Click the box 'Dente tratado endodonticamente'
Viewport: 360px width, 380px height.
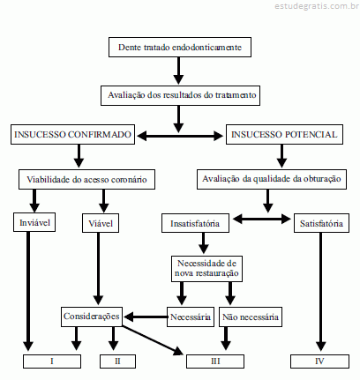click(x=180, y=47)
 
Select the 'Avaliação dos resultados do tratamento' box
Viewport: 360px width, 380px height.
click(x=180, y=95)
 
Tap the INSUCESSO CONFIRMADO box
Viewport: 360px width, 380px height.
click(x=72, y=134)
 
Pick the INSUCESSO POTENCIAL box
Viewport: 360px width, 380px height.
click(x=284, y=134)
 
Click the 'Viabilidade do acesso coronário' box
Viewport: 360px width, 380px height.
click(x=86, y=179)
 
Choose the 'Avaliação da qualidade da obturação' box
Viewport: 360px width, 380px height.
click(x=272, y=179)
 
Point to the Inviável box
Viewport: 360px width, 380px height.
click(x=34, y=222)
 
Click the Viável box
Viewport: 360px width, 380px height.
click(x=101, y=223)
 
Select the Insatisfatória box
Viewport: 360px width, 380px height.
click(x=195, y=223)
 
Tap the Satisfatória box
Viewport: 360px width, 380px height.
click(x=321, y=223)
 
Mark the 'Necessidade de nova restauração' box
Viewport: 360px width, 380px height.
click(x=206, y=269)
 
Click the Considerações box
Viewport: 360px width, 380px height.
click(x=92, y=317)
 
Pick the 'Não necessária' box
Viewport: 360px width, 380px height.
click(x=251, y=317)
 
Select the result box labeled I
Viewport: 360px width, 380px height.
click(x=52, y=361)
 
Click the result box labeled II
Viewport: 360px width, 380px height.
click(x=117, y=361)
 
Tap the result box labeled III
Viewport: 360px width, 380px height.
click(x=215, y=361)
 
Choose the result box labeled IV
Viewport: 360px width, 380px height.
click(x=319, y=361)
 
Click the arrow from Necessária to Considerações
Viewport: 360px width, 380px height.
click(x=146, y=317)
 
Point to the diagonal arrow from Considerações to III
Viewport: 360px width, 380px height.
click(x=153, y=340)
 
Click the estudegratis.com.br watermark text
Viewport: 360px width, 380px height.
click(x=317, y=6)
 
